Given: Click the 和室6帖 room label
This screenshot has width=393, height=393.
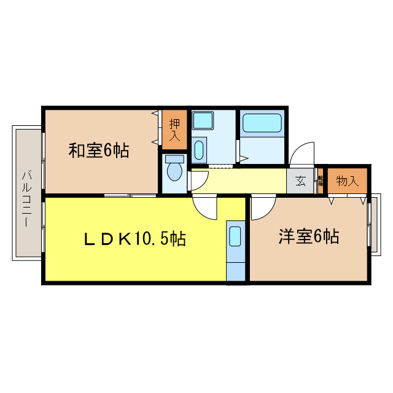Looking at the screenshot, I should [x=98, y=150].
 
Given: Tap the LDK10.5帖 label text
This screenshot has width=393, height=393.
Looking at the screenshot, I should [x=135, y=238].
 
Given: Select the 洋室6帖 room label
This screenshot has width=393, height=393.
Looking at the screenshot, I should [x=308, y=236].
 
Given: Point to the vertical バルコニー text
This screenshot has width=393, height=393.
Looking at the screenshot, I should [x=26, y=198].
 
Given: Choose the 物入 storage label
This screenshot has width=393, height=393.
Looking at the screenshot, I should [x=347, y=181].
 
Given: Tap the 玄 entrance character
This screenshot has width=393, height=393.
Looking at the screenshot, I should [x=300, y=181].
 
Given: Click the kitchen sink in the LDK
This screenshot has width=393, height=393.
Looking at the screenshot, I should [x=235, y=237].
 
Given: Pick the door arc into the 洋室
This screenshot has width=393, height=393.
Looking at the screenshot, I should [x=262, y=208].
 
